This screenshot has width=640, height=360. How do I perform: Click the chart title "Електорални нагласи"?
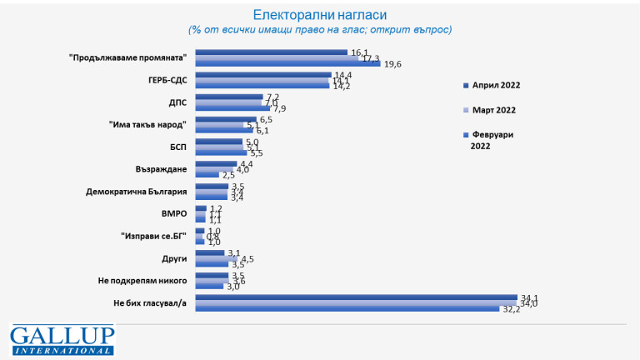[x=320, y=14]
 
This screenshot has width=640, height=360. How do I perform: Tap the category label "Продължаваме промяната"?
[x=130, y=57]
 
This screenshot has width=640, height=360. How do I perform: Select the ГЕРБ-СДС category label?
[x=166, y=80]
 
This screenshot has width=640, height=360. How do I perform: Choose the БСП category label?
[x=177, y=147]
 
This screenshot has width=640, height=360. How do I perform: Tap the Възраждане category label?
[x=160, y=169]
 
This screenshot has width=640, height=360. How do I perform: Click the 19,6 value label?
[x=392, y=64]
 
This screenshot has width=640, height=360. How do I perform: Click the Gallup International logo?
[x=62, y=340]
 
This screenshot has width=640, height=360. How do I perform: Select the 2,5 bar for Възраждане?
[x=207, y=175]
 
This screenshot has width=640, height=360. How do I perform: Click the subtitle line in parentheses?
[x=320, y=29]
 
